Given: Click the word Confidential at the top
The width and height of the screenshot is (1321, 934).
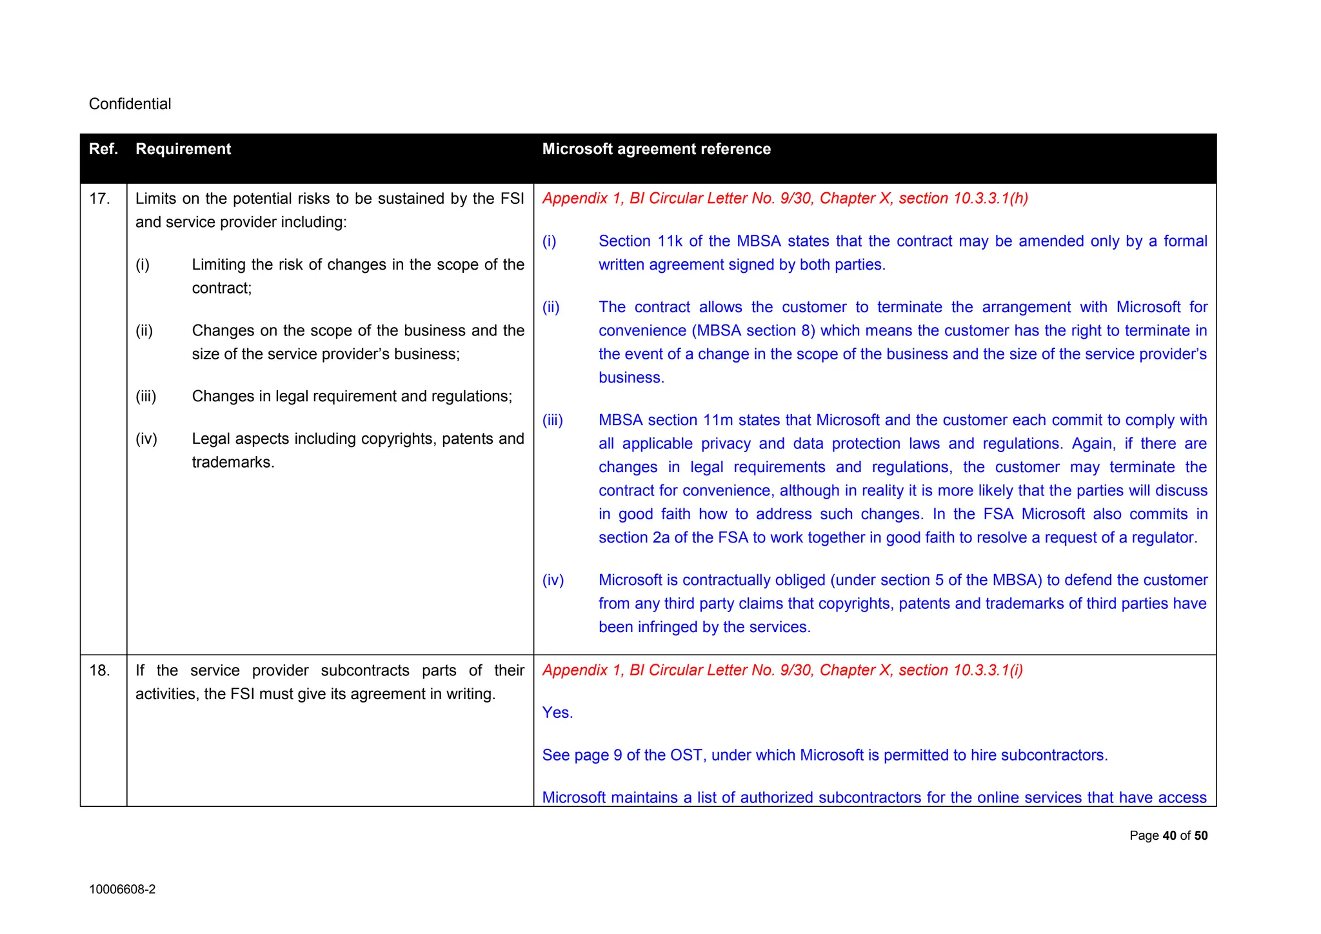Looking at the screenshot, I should (130, 104).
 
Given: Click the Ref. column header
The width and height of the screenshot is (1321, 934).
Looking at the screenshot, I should (103, 149).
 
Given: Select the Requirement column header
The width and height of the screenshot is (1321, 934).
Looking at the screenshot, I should (183, 149).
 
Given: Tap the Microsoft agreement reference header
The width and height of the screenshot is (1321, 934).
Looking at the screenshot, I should (656, 149).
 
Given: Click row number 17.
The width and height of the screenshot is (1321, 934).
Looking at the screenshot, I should (99, 199).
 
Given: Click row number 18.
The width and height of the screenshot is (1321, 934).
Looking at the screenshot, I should (99, 671).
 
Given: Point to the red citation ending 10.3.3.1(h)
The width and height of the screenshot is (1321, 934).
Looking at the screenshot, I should (785, 199).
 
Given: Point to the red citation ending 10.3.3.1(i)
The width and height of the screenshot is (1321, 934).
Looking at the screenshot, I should (782, 671).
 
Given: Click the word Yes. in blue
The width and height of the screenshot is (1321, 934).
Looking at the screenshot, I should (557, 713).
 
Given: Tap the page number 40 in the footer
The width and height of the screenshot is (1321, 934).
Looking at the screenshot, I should (1169, 836).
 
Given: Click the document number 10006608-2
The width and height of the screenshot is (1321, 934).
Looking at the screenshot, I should (122, 890).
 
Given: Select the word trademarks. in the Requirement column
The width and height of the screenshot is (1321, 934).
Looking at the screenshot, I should (233, 462).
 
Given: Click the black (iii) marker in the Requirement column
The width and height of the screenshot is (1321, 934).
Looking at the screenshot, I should (146, 396).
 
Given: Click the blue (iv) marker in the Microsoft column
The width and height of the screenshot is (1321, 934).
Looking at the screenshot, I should (553, 581).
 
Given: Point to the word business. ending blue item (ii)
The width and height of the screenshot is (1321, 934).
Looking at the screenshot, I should (631, 378).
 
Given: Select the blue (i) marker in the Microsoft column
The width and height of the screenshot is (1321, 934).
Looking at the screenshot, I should (549, 241).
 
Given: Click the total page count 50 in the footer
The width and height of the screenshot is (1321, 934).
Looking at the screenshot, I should (1200, 836).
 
